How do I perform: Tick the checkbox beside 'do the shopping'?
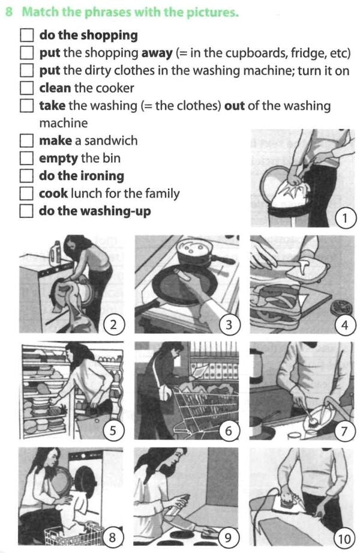27,35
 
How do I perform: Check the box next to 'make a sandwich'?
27,141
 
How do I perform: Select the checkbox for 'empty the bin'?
27,159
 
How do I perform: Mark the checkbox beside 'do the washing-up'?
27,211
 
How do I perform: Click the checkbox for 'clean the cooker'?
27,88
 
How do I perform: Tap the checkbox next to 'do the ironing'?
27,176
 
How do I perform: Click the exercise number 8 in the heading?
9,13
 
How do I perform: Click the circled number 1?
344,218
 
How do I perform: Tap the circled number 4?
344,325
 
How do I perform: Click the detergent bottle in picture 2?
58,252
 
